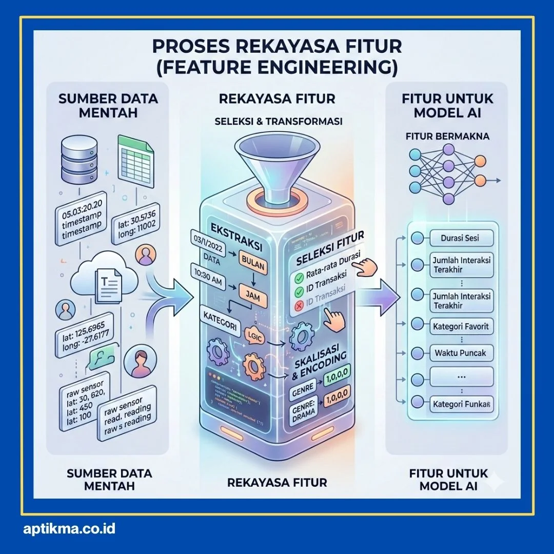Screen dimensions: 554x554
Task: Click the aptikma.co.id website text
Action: [69, 528]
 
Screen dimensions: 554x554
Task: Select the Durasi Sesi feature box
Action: [460, 238]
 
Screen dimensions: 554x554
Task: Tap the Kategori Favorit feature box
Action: [461, 326]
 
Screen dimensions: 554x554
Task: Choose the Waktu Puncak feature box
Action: [460, 353]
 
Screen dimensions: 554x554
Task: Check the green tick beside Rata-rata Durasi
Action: [297, 279]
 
